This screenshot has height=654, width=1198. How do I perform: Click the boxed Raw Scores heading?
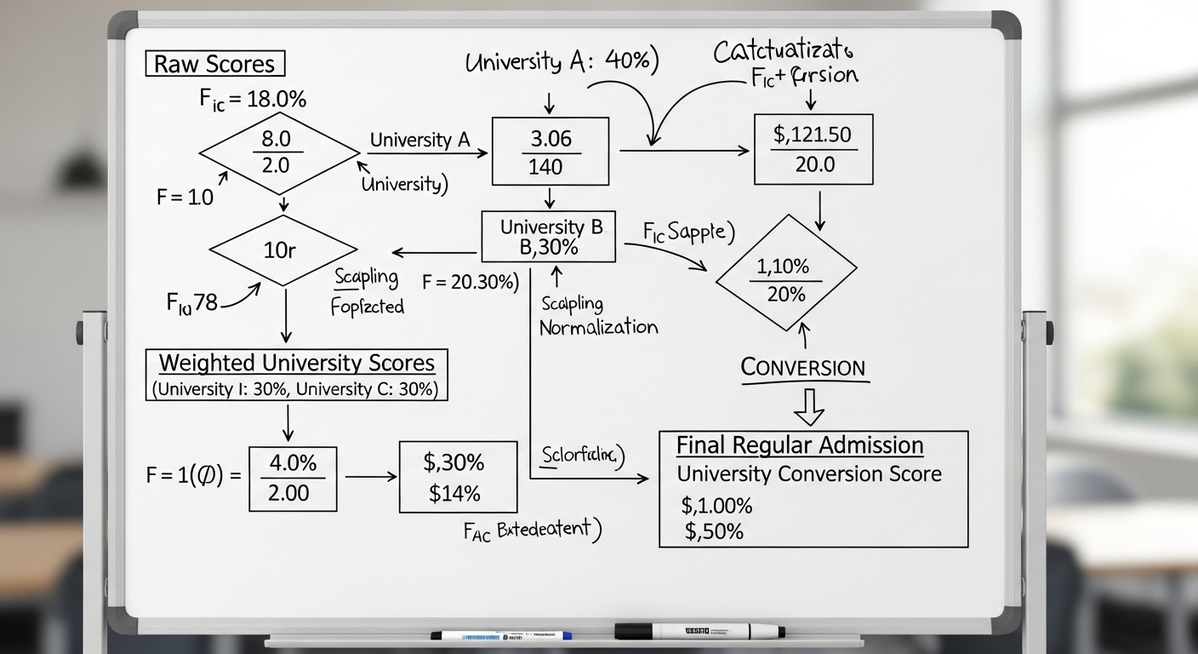pos(215,64)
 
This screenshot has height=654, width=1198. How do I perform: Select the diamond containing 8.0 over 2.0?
pos(279,152)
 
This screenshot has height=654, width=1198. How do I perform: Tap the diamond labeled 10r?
pos(283,250)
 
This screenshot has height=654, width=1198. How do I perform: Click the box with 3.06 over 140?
pos(551,152)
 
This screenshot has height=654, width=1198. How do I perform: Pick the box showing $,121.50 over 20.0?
pos(813,149)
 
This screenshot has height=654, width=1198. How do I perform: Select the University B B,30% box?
pos(549,237)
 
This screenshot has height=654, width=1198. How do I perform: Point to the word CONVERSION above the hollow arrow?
pos(803,368)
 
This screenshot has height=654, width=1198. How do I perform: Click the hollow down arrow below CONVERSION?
pos(808,406)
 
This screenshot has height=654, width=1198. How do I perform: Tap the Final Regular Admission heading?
pos(800,445)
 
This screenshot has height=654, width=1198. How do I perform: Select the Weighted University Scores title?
pos(297,363)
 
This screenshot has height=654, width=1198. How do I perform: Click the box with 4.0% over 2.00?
pos(293,478)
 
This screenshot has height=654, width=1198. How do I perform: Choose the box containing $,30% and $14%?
pos(457,477)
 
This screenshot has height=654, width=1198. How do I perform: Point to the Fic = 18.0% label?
pos(253,99)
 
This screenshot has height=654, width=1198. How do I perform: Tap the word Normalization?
pos(598,327)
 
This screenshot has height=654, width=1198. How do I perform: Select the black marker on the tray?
pos(699,631)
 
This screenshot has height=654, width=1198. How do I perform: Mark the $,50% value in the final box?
pos(713,532)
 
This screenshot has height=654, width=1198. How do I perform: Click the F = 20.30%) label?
pos(471,283)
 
